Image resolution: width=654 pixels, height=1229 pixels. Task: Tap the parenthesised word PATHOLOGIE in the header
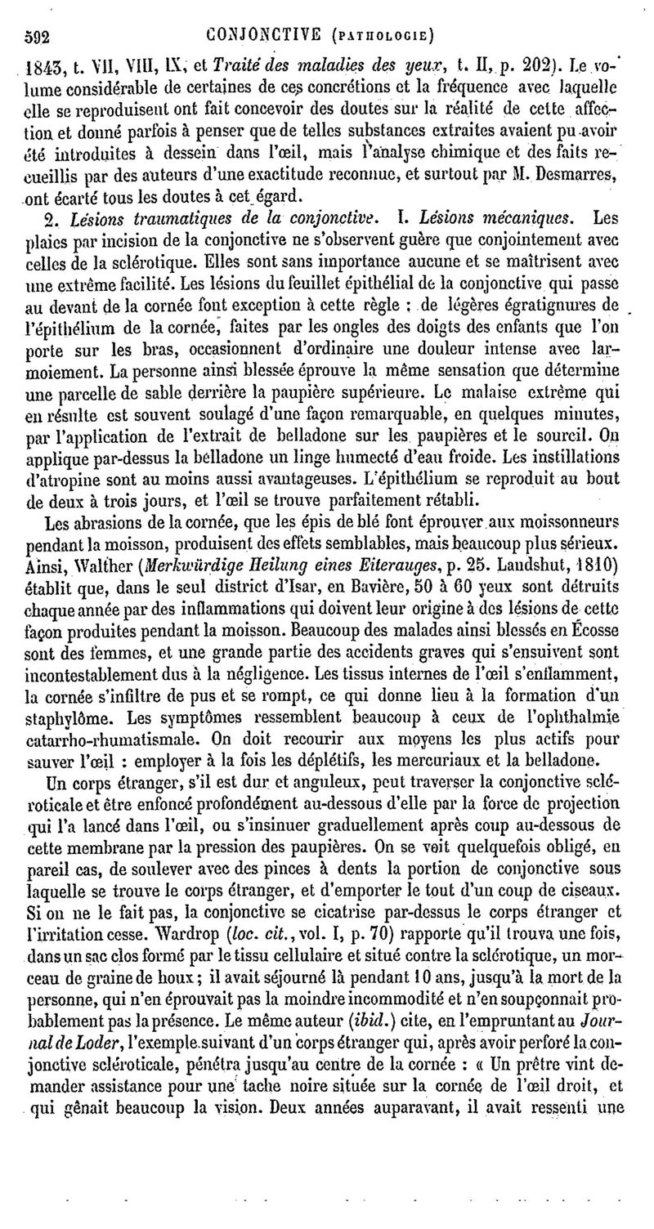tap(387, 37)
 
